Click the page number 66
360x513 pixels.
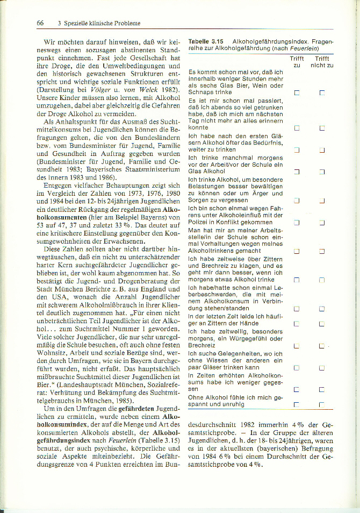click(40, 23)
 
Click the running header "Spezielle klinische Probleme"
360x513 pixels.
click(102, 23)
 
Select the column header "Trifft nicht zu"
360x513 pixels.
click(322, 62)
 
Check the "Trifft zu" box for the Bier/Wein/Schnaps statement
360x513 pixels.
click(297, 93)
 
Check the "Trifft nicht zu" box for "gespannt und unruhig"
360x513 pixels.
click(322, 404)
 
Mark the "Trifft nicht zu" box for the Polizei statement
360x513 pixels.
click(322, 223)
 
